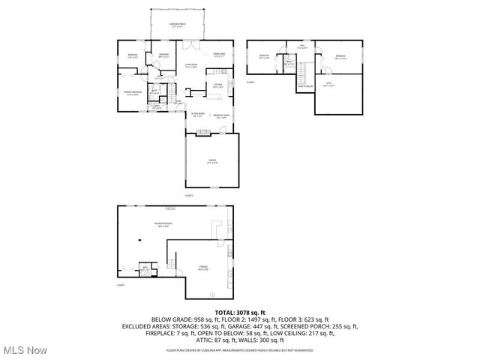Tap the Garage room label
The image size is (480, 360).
coord(212,161)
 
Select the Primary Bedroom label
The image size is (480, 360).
coord(133,94)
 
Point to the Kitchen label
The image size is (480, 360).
coord(217,85)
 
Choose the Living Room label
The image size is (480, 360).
coord(190,67)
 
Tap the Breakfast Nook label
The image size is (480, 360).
coord(222,116)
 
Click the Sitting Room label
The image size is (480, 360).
coord(197,115)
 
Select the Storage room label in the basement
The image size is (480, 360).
coord(202,267)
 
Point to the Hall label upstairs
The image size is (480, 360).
coord(302,47)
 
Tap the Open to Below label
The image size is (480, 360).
coord(305,87)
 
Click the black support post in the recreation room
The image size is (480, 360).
coord(139,239)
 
